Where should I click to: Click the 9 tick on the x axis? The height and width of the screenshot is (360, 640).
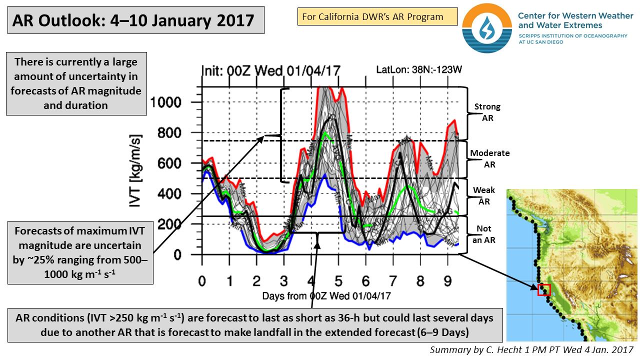click(x=447, y=280)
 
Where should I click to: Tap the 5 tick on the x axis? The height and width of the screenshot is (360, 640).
click(x=338, y=280)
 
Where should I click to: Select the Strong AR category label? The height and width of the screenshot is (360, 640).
click(x=487, y=111)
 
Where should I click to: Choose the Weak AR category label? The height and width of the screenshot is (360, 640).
click(x=484, y=196)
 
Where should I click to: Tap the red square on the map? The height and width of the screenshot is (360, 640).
click(x=543, y=289)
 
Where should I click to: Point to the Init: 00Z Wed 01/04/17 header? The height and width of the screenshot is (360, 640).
click(x=270, y=70)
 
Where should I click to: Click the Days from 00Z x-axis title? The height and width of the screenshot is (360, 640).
click(x=326, y=296)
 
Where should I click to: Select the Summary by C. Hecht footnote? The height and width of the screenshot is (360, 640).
click(x=532, y=349)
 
